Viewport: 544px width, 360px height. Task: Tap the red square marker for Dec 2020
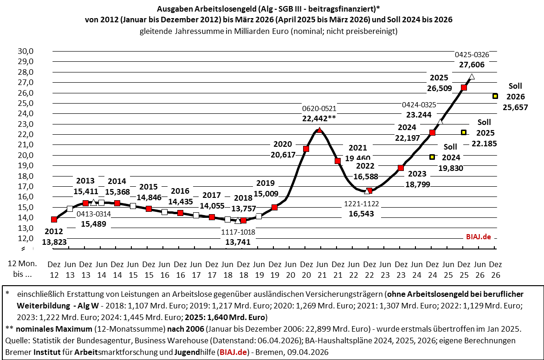[x=306, y=149]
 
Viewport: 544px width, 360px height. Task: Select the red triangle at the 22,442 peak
[x=319, y=131]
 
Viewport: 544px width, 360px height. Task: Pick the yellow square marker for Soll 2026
[x=495, y=96]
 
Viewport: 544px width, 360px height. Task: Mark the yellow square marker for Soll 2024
[x=432, y=157]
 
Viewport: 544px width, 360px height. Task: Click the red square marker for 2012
[x=54, y=219]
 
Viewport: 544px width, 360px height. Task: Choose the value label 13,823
[x=53, y=242]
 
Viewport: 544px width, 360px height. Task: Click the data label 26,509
[x=441, y=88]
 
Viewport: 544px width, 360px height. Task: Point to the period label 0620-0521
[x=319, y=109]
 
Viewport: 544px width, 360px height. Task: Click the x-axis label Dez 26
[x=495, y=269]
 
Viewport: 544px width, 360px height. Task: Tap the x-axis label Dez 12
[x=54, y=269]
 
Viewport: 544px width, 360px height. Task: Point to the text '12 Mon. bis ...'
[x=19, y=269]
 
